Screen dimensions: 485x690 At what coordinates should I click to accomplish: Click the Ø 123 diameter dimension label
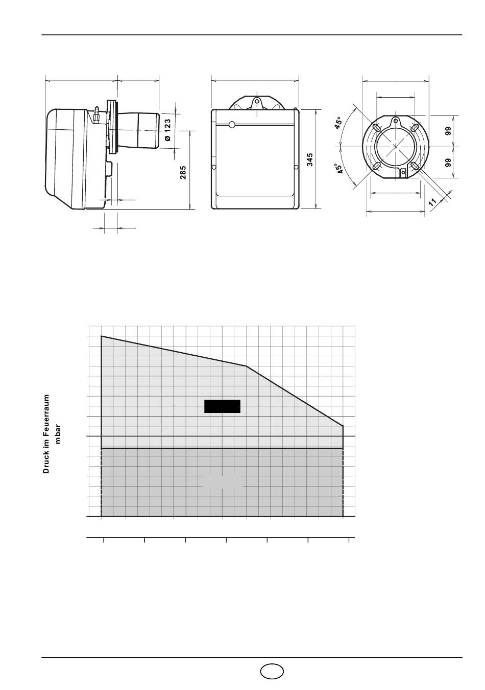167,130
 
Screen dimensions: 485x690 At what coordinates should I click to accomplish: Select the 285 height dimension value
183,173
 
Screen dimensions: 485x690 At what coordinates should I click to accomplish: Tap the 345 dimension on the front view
309,159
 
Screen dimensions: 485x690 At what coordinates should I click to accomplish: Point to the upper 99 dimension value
448,131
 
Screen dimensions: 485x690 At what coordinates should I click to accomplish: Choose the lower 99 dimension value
448,163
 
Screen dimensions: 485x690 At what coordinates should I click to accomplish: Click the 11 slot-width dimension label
432,202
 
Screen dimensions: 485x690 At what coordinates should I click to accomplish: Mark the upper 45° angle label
338,123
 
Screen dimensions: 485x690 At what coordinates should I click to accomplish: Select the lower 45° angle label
339,169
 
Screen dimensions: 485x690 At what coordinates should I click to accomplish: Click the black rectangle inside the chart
222,406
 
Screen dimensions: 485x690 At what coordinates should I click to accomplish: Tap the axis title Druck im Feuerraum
46,434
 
